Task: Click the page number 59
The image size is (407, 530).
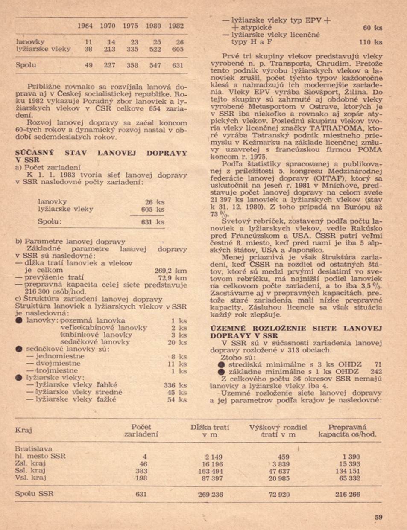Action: pyautogui.click(x=378, y=517)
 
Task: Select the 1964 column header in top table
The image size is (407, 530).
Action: pyautogui.click(x=85, y=26)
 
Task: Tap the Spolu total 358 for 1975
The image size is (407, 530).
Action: pyautogui.click(x=132, y=65)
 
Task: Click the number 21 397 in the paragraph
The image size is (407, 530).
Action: pyautogui.click(x=222, y=199)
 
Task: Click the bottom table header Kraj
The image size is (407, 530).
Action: pyautogui.click(x=23, y=430)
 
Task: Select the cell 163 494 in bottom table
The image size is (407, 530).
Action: pyautogui.click(x=210, y=471)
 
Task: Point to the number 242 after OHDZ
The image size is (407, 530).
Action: pyautogui.click(x=376, y=372)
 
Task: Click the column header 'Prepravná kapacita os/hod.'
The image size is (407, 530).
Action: pyautogui.click(x=347, y=430)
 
